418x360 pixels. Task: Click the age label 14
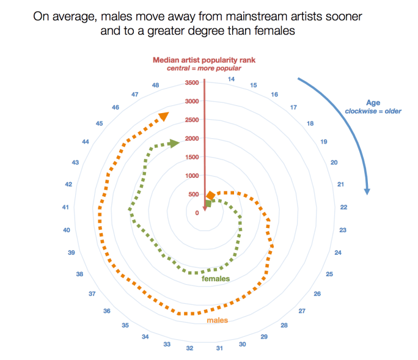(231, 79)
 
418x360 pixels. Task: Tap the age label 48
(155, 85)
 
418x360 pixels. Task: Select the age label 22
(343, 207)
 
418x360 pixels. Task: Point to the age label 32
(190, 348)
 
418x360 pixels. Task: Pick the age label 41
(65, 207)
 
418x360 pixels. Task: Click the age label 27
(301, 310)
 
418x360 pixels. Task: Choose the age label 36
(107, 311)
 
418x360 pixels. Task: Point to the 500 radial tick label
(193, 195)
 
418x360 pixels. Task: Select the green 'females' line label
(216, 279)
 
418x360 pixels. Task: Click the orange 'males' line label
(217, 320)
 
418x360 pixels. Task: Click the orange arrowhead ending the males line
(164, 117)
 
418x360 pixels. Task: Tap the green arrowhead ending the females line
(174, 143)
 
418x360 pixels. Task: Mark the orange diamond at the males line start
(210, 196)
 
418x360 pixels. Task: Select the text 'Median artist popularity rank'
(204, 60)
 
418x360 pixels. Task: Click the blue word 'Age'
(373, 103)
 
